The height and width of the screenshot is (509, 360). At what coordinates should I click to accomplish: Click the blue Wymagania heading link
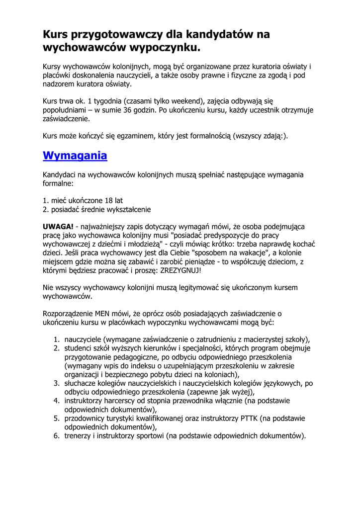(75, 156)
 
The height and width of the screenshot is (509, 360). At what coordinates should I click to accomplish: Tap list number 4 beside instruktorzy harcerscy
(57, 401)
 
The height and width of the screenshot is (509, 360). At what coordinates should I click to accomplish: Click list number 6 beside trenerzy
(57, 436)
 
